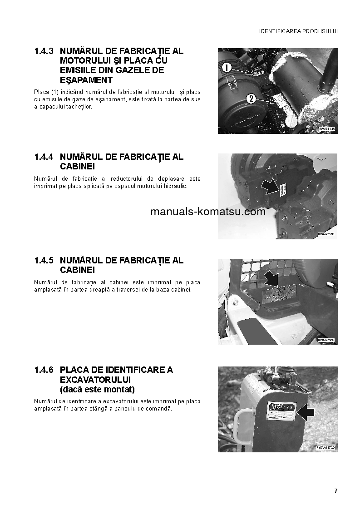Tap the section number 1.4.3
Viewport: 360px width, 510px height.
point(44,51)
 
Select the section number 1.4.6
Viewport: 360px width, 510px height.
point(44,370)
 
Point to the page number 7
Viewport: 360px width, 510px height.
point(336,491)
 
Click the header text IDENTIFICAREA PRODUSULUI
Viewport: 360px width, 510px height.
point(298,31)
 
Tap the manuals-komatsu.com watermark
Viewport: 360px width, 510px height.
point(207,212)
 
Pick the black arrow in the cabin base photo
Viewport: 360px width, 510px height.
point(273,278)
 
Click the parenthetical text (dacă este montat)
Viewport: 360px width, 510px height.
point(97,390)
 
